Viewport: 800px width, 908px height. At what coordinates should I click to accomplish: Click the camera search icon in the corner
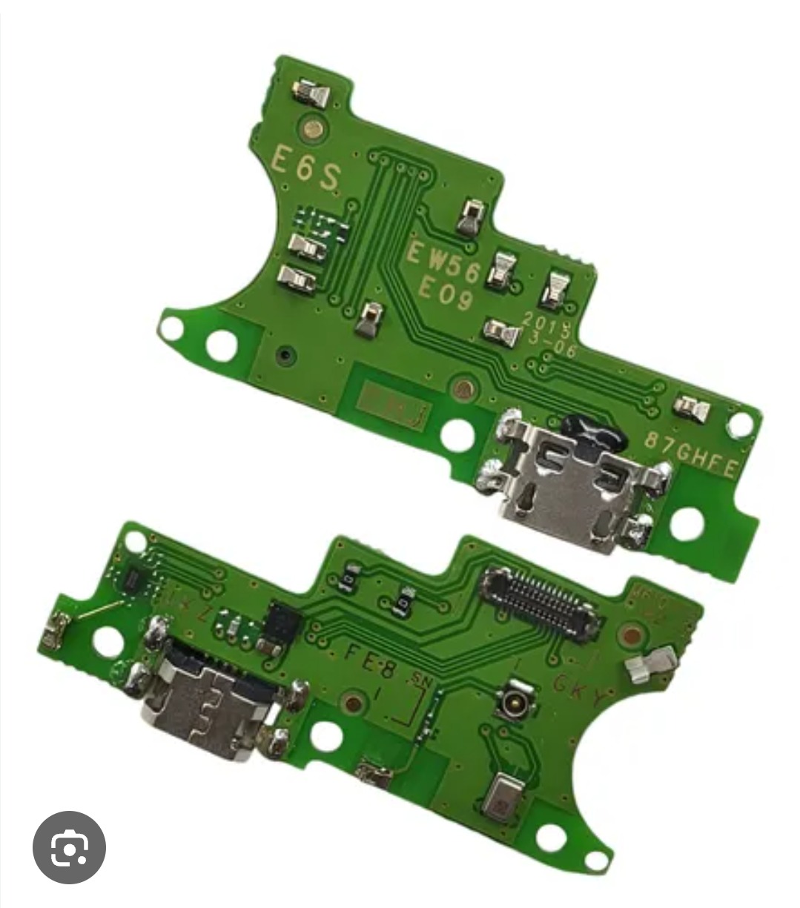pyautogui.click(x=69, y=847)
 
